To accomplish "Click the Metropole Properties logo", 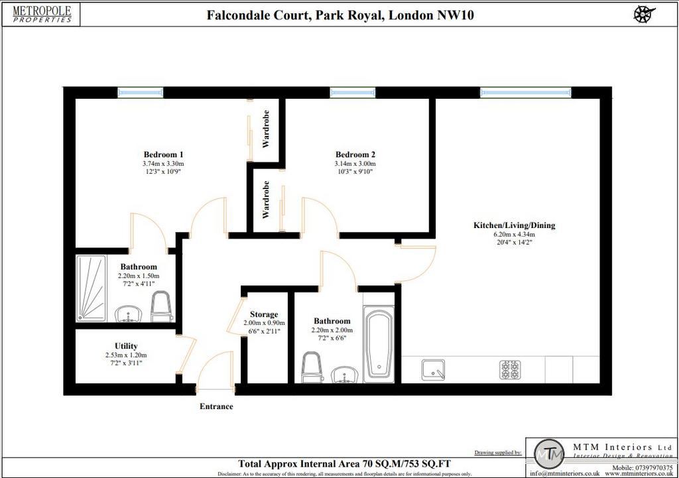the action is point(42,14).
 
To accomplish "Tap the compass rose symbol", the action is point(644,14).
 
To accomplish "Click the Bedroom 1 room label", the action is point(163,154).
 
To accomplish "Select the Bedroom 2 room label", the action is point(355,154).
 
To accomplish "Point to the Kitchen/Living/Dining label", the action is point(514,225).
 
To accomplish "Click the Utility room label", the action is point(126,346).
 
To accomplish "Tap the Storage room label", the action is point(264,314).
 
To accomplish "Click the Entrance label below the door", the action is point(216,406).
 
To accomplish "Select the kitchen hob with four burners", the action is point(510,370).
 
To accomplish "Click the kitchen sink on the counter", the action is point(433,370).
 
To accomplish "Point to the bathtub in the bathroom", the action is point(379,345).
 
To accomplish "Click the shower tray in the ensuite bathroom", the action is point(91,288).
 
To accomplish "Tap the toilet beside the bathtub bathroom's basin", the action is point(311,367).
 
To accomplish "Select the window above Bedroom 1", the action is point(141,92).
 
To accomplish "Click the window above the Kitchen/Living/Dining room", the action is point(526,92).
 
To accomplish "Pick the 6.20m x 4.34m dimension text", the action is point(514,234).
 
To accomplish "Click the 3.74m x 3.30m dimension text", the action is point(163,164).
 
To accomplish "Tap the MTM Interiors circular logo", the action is point(550,455).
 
